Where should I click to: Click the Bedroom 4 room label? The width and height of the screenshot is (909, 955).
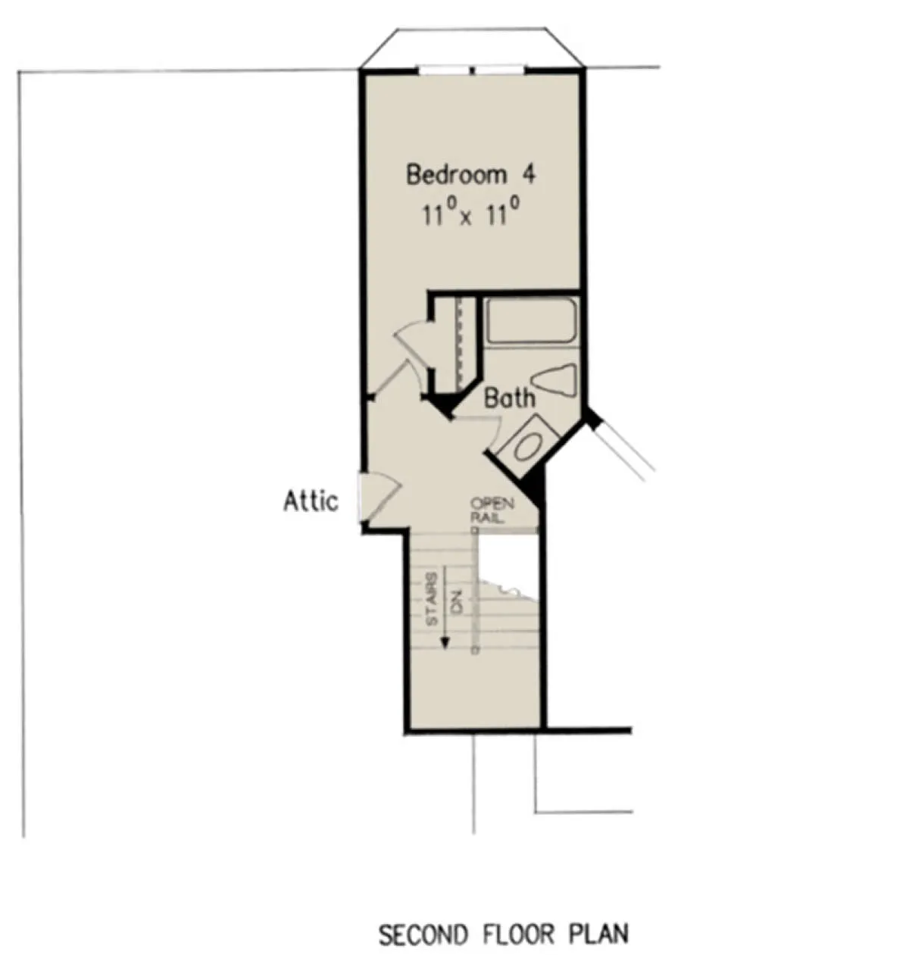(x=470, y=174)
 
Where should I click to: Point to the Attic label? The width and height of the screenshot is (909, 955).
(x=311, y=501)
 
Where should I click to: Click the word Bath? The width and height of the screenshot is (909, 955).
(x=510, y=398)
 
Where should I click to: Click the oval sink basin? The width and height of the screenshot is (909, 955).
(x=528, y=446)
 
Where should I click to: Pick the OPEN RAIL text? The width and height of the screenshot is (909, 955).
(x=492, y=510)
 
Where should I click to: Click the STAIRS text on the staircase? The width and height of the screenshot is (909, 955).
(x=431, y=599)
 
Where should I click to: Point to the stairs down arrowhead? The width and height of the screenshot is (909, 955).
(x=444, y=643)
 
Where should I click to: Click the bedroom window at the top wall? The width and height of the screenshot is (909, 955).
(x=472, y=70)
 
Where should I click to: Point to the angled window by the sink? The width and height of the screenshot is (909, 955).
(x=624, y=446)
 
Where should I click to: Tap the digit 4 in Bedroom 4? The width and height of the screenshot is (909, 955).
(x=529, y=174)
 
